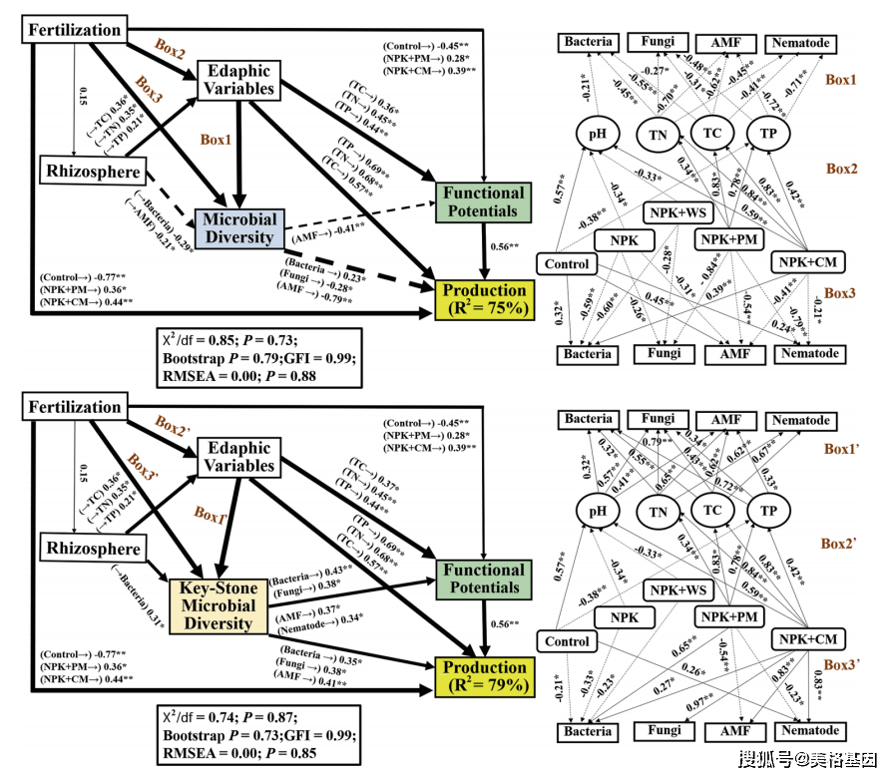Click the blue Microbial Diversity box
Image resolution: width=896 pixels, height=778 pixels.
[239, 227]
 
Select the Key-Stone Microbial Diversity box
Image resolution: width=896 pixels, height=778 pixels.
[219, 605]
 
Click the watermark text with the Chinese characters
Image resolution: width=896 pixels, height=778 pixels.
[808, 760]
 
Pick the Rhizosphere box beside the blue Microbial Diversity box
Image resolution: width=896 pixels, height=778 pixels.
[94, 171]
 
